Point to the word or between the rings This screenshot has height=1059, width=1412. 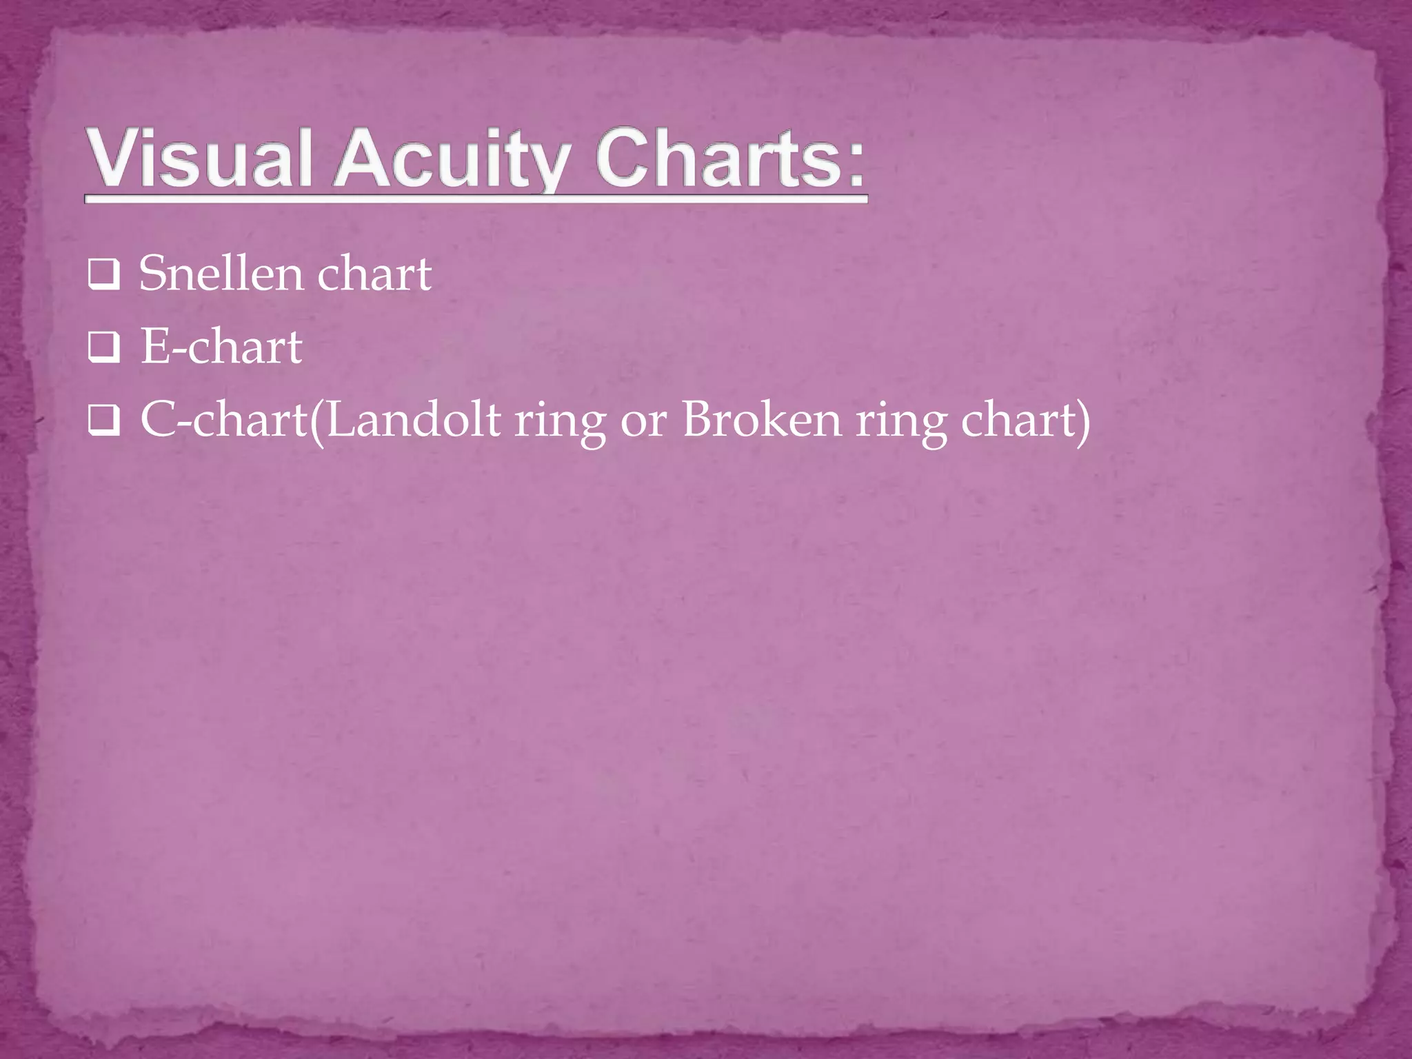[643, 421]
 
